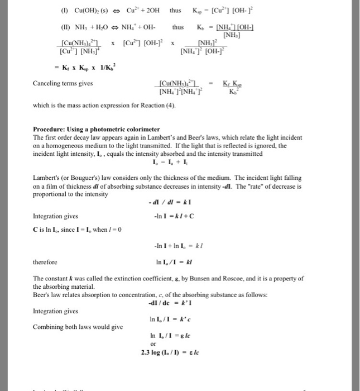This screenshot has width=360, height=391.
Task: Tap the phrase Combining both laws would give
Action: click(x=78, y=327)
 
